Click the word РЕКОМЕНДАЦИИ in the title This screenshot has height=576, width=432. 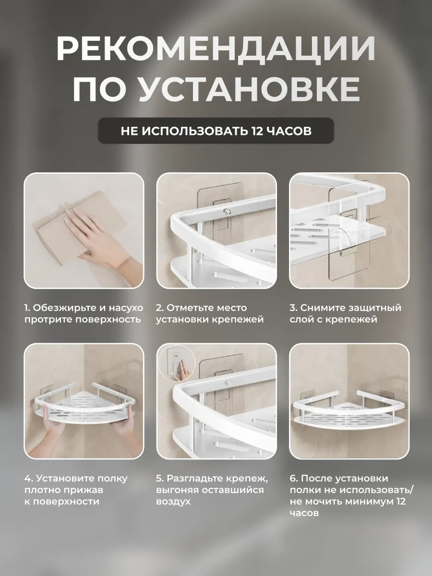216,50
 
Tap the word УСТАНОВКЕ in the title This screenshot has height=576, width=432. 248,90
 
